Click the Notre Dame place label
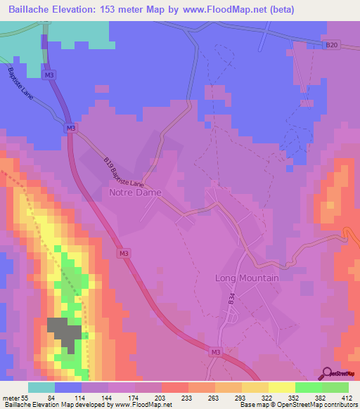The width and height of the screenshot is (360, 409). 135,192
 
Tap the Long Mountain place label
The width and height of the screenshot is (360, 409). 246,278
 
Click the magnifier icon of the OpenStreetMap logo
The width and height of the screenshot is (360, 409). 326,373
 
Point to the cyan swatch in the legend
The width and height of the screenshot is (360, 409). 41,387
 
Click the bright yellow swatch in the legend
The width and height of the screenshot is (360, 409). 281,387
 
